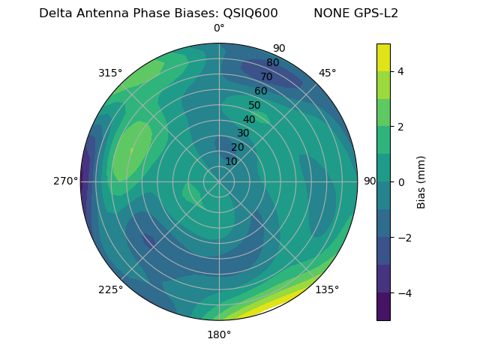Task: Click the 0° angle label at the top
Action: point(219,28)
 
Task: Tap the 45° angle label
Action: point(327,73)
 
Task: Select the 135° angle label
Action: point(327,289)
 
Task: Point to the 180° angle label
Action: point(219,334)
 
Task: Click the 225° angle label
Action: point(110,289)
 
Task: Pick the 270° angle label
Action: point(65,181)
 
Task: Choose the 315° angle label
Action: point(110,73)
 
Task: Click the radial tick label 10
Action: point(231,161)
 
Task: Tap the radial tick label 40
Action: point(249,120)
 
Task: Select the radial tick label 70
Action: point(266,76)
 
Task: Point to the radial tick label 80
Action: point(272,63)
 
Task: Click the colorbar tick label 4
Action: point(401,71)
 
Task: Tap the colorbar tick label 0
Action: point(401,182)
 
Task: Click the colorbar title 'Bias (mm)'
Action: point(421,182)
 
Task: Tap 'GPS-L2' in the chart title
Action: point(378,13)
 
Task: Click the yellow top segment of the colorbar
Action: point(383,57)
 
